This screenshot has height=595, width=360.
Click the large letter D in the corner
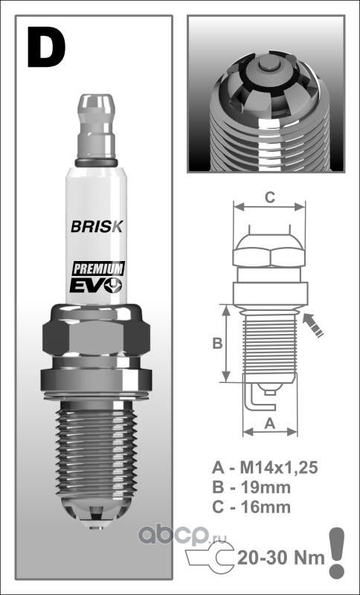46,47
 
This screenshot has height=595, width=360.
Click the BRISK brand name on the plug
97,227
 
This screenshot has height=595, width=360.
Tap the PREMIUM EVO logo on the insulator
97,277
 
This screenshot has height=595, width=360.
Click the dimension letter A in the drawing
271,422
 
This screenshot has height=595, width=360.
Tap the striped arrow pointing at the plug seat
315,325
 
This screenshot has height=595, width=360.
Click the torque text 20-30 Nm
280,556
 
